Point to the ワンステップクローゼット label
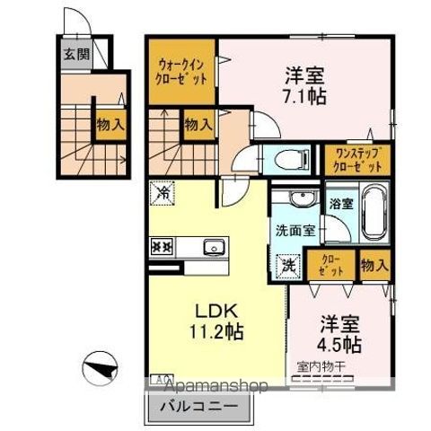pyautogui.click(x=356, y=160)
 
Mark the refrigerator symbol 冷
pyautogui.click(x=162, y=191)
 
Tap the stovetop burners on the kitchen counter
pyautogui.click(x=162, y=246)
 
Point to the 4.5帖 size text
pyautogui.click(x=340, y=345)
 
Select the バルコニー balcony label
pyautogui.click(x=198, y=406)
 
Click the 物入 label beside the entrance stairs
pyautogui.click(x=110, y=125)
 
